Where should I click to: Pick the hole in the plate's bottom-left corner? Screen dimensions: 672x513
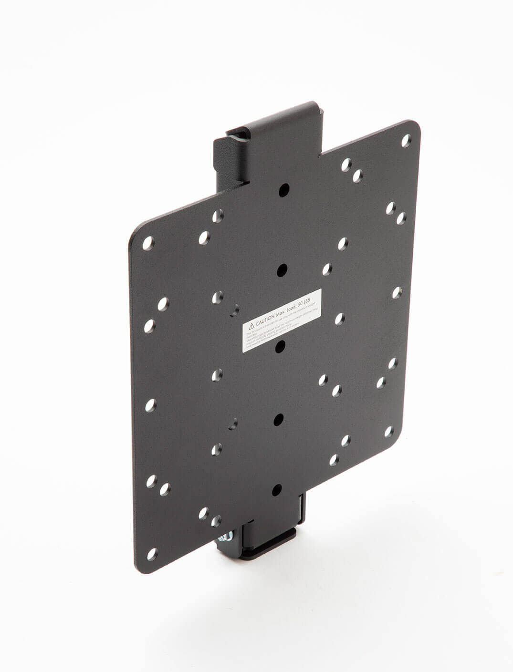[152, 554]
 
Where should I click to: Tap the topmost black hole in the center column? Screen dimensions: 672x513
[283, 188]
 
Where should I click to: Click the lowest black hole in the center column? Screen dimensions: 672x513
[276, 490]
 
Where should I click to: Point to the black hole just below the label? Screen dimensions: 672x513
[281, 345]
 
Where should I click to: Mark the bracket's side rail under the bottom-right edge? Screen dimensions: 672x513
[300, 510]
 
